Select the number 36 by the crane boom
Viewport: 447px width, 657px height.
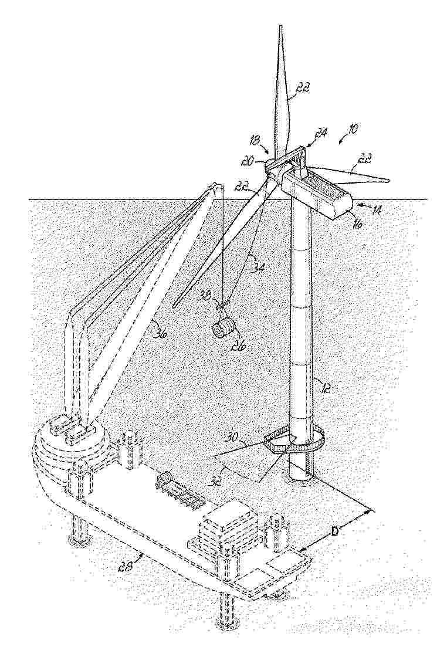[159, 334]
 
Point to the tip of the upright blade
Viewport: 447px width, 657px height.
[279, 26]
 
